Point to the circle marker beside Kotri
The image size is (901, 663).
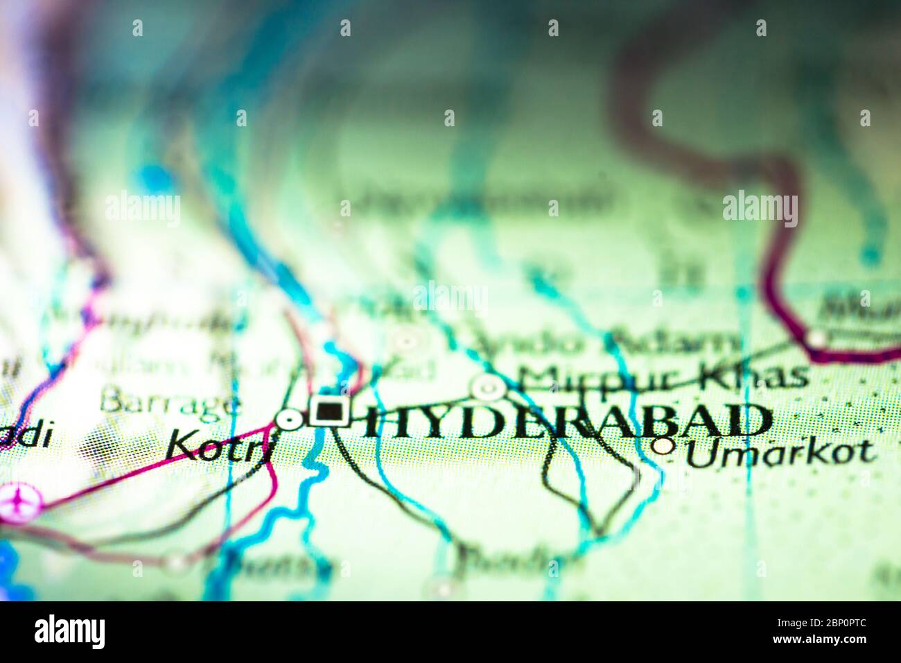pos(289,419)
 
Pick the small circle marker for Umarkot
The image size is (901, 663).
pos(664,446)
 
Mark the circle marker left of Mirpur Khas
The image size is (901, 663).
pos(489,387)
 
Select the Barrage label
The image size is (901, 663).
pos(170,402)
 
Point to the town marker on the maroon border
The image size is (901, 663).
pos(816,338)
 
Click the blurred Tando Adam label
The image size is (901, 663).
pos(603,341)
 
